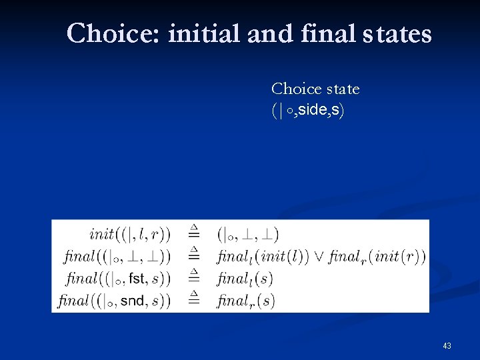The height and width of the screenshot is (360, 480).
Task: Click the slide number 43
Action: pyautogui.click(x=447, y=346)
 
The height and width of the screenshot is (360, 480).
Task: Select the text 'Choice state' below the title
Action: pyautogui.click(x=315, y=89)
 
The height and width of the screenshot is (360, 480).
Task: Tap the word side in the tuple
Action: pyautogui.click(x=310, y=110)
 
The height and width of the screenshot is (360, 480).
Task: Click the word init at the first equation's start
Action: pyautogui.click(x=102, y=234)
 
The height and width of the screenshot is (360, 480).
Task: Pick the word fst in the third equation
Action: pyautogui.click(x=137, y=278)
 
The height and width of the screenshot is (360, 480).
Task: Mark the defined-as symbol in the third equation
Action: pyautogui.click(x=193, y=276)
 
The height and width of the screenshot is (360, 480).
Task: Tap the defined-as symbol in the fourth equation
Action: pyautogui.click(x=193, y=298)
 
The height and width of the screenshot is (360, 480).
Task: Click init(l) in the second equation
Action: pyautogui.click(x=283, y=256)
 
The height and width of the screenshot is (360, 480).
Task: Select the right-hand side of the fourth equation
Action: pyautogui.click(x=246, y=301)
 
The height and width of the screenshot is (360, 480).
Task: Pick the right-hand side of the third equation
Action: pyautogui.click(x=245, y=278)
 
